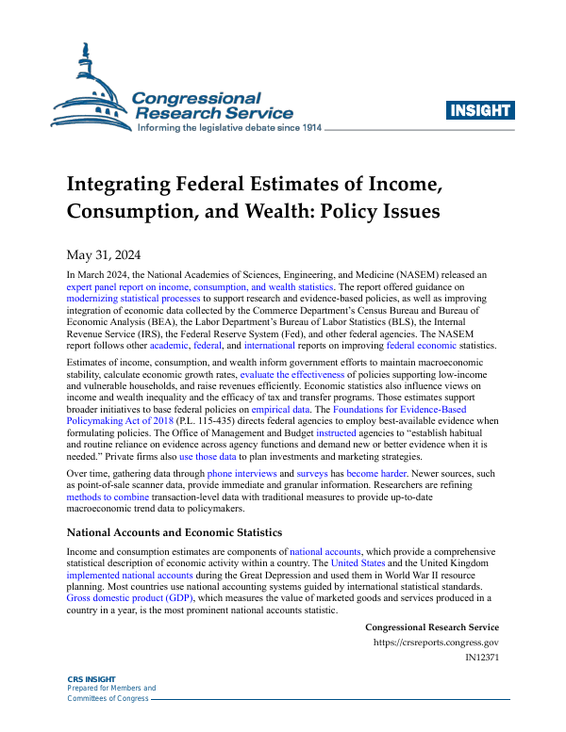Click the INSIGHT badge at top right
click(x=479, y=110)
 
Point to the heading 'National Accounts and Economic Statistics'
click(x=175, y=532)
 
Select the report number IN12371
click(x=479, y=659)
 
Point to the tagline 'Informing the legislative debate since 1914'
click(x=229, y=127)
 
